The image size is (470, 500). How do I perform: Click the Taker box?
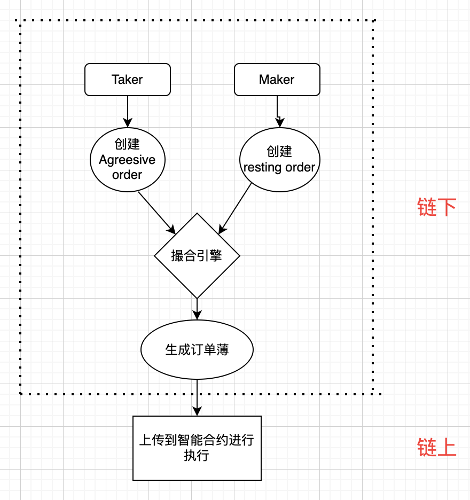[x=127, y=80]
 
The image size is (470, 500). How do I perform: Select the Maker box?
[x=277, y=80]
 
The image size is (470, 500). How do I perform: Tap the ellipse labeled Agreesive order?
[x=127, y=160]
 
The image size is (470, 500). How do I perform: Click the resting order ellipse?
[x=279, y=160]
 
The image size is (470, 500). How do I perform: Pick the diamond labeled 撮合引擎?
[x=197, y=256]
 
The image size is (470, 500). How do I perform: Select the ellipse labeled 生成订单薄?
[x=197, y=350]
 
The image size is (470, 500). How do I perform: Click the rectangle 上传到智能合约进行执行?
[x=197, y=448]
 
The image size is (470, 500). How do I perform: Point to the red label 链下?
[x=437, y=207]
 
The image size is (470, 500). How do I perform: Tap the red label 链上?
[x=437, y=448]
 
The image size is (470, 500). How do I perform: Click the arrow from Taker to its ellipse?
[x=127, y=111]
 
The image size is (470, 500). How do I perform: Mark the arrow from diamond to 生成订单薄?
[x=197, y=308]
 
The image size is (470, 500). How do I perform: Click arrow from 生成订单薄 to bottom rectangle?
[x=197, y=397]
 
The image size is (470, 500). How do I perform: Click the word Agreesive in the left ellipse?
[x=127, y=160]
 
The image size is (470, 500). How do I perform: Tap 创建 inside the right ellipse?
[x=279, y=152]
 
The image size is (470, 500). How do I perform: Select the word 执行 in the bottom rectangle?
[x=197, y=456]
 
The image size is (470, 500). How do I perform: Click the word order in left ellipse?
[x=127, y=175]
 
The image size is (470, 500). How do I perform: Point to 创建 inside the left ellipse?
[x=127, y=144]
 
